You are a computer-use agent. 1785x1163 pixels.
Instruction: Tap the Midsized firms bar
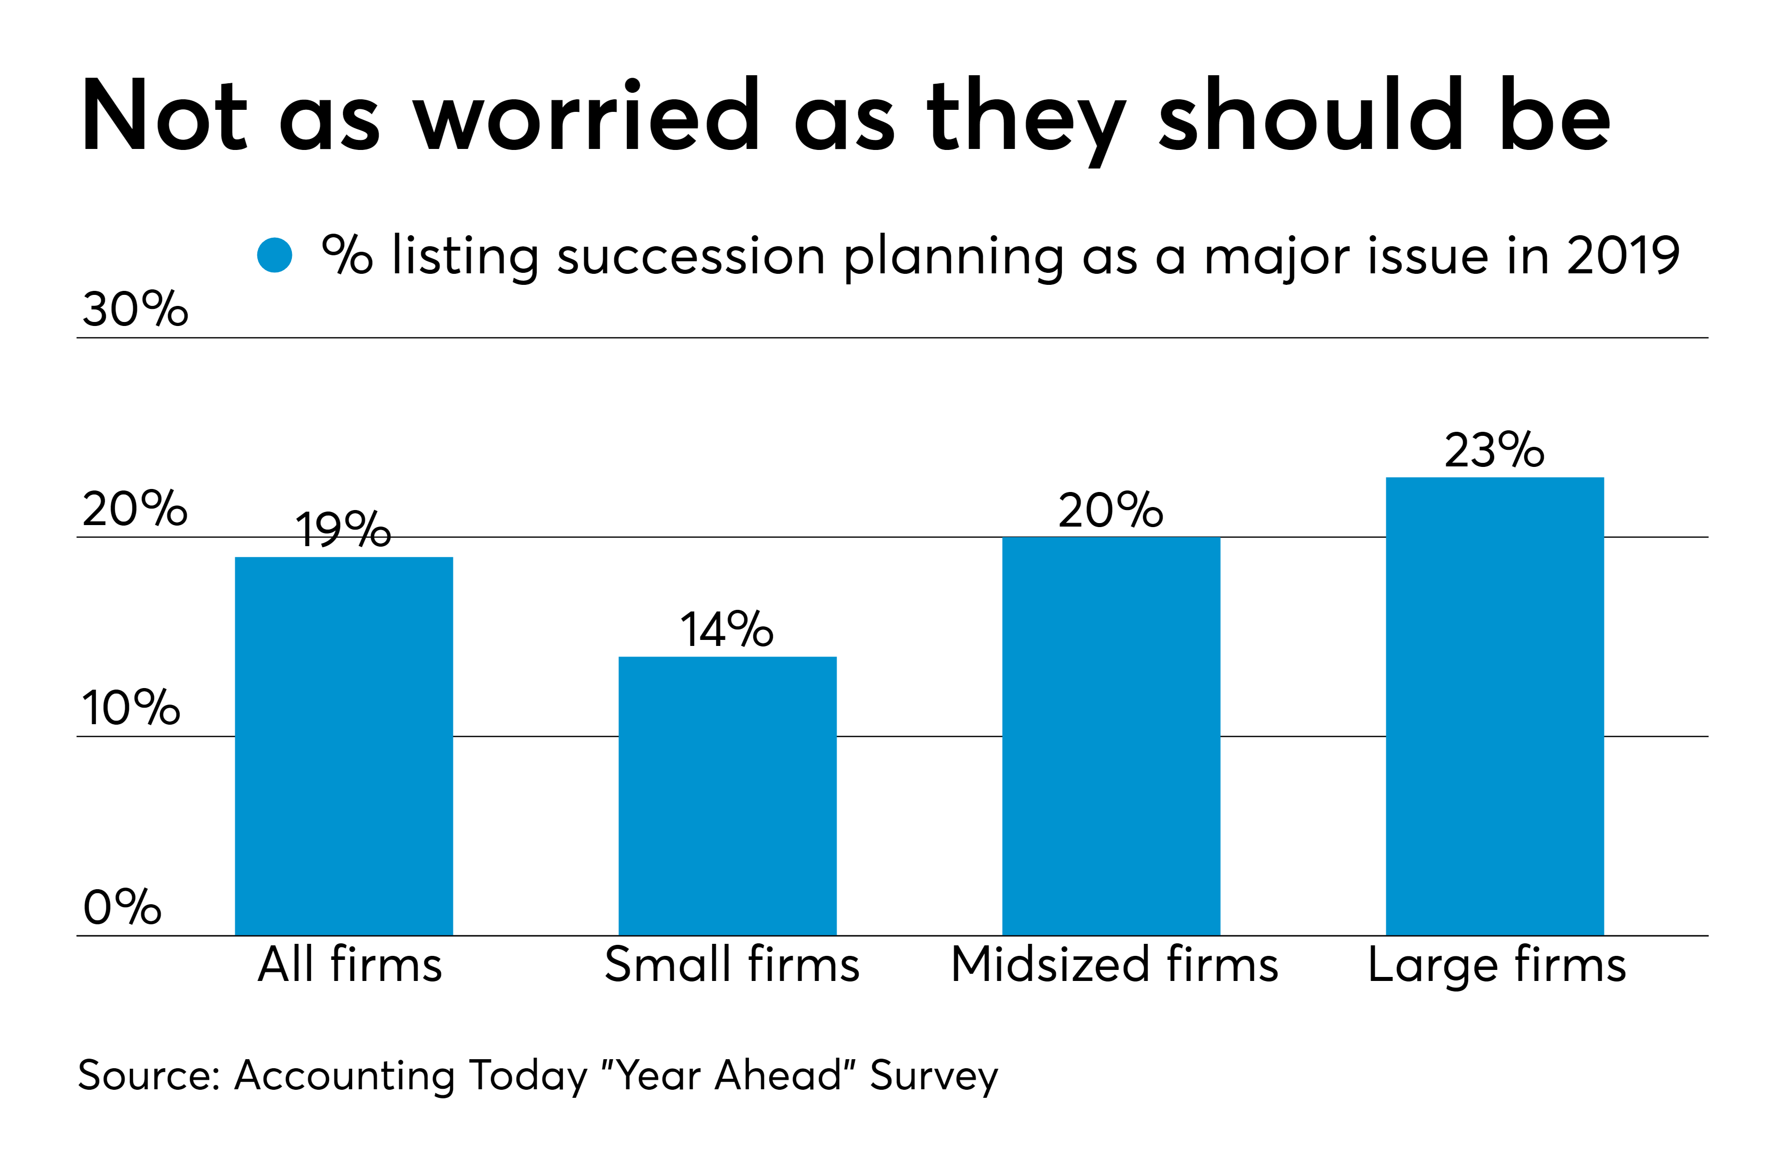pyautogui.click(x=1111, y=736)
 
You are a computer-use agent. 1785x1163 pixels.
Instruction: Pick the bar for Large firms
pyautogui.click(x=1494, y=706)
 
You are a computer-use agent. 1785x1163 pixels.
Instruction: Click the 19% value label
pyautogui.click(x=343, y=530)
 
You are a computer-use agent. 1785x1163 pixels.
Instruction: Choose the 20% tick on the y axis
pyautogui.click(x=135, y=509)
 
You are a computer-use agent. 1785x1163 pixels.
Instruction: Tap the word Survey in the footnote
pyautogui.click(x=934, y=1075)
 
